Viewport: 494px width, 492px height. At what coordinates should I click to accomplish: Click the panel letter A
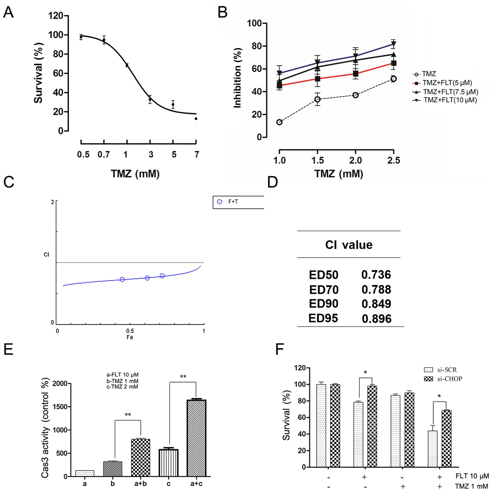point(8,12)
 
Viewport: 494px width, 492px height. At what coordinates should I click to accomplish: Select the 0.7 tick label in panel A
point(104,154)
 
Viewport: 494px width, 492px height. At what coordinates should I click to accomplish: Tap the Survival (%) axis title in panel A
point(38,73)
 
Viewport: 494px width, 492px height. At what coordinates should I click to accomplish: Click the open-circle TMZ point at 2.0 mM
point(355,95)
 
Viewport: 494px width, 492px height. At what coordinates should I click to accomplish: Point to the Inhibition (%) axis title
point(237,78)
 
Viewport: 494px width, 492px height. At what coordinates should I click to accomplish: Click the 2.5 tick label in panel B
point(393,160)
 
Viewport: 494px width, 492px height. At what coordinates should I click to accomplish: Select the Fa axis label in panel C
point(130,337)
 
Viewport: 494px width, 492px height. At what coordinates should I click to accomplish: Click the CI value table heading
point(349,245)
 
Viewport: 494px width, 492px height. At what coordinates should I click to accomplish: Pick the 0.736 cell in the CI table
point(376,275)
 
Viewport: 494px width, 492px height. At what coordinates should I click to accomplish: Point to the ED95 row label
point(323,318)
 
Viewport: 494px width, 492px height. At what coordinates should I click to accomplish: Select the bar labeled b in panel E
point(113,468)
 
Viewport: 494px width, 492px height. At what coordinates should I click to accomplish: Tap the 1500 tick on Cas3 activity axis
point(60,407)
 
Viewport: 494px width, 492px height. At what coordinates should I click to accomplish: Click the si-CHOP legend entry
point(443,379)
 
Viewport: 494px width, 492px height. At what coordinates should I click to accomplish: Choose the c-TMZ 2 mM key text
point(122,387)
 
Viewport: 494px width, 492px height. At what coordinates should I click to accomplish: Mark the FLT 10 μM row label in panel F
point(472,476)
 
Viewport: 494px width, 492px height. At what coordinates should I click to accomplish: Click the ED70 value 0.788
point(376,290)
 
